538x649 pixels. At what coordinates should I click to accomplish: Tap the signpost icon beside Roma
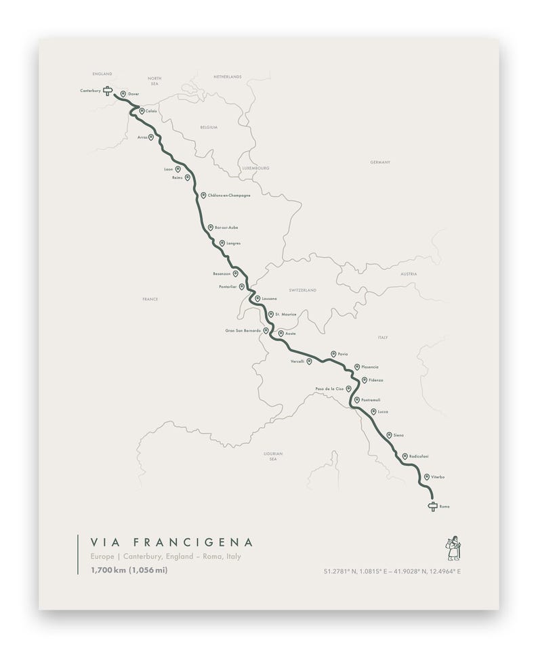(x=432, y=506)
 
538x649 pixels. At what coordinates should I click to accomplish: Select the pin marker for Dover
(x=123, y=94)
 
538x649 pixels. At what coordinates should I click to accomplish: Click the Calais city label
(x=151, y=111)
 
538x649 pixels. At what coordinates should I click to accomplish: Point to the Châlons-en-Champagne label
(x=229, y=195)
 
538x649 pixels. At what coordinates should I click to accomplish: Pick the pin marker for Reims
(x=189, y=177)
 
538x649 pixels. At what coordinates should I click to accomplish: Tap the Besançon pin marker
(x=235, y=273)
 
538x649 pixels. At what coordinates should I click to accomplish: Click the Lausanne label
(x=269, y=298)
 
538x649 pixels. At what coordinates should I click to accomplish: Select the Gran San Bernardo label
(x=243, y=330)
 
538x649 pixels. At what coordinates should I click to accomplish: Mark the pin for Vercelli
(x=309, y=361)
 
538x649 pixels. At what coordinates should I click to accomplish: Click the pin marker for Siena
(x=389, y=434)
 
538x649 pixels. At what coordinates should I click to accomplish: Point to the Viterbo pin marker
(x=426, y=476)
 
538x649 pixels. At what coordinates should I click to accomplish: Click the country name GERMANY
(x=381, y=163)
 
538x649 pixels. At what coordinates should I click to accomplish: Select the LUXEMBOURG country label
(x=255, y=167)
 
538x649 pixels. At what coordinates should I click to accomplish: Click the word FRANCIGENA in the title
(x=193, y=542)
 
